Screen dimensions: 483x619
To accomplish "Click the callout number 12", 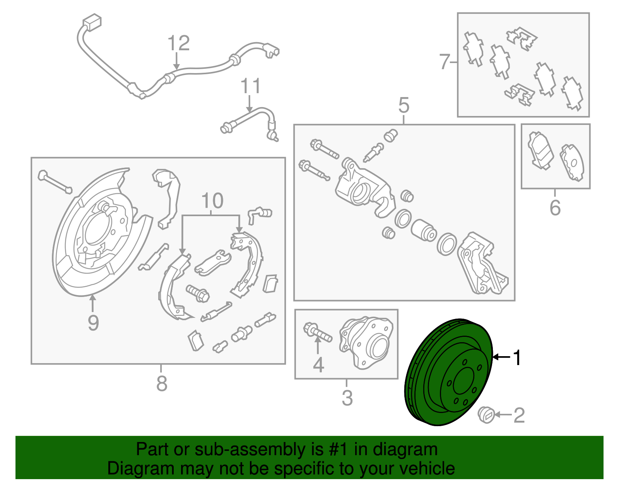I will tap(179, 43).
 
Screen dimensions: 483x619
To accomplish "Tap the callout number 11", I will tap(251, 86).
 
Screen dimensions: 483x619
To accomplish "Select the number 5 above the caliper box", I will tap(404, 105).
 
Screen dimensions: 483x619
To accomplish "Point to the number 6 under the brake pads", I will tap(555, 208).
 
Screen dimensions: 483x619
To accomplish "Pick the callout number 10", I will tap(212, 201).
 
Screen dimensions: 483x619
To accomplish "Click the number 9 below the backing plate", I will tap(93, 323).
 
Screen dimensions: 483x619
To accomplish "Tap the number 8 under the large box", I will tap(162, 384).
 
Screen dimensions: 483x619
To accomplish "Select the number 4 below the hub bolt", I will tap(318, 365).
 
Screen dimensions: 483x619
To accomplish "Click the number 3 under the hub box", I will tap(347, 398).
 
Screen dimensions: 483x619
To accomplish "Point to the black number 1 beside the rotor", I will tap(517, 357).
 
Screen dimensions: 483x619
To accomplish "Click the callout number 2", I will tap(519, 415).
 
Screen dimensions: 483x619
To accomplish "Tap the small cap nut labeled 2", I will tap(486, 415).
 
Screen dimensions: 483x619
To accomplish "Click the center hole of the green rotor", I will tap(463, 381).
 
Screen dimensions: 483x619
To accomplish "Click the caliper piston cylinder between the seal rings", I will tap(423, 230).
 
